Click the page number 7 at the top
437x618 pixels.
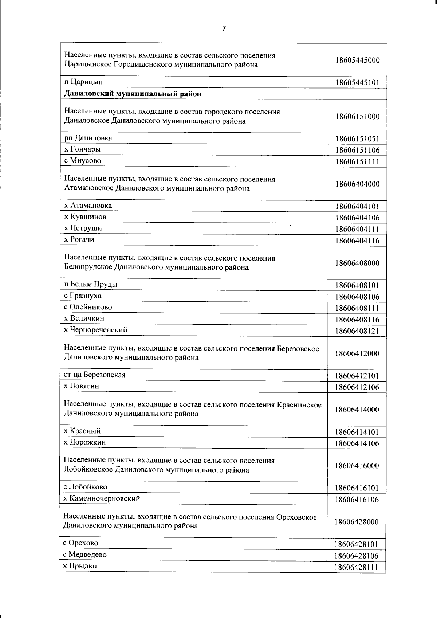point(224,28)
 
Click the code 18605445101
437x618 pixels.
point(357,83)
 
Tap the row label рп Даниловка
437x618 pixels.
point(88,138)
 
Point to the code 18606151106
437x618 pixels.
point(357,150)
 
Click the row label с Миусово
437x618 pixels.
point(82,161)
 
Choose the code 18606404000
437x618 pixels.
point(357,184)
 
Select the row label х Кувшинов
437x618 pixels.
point(85,217)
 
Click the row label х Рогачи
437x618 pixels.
point(79,239)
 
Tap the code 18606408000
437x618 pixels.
point(357,263)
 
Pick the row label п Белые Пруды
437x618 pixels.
point(90,284)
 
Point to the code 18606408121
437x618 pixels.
point(357,331)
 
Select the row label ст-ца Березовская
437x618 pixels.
point(94,375)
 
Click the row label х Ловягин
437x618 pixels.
point(81,386)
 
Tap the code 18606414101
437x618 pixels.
point(357,432)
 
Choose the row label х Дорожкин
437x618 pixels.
point(84,442)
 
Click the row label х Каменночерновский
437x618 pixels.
point(102,498)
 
